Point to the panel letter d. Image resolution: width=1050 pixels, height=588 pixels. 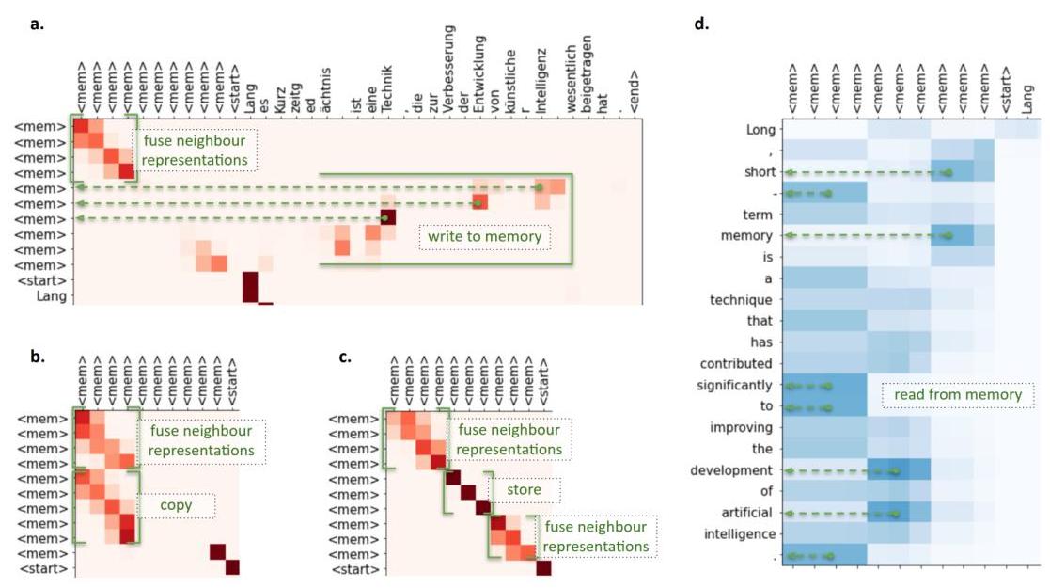tap(700, 24)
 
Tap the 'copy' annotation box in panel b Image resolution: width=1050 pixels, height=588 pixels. tap(176, 505)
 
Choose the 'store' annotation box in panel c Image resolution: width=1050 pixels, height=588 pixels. tap(530, 489)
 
